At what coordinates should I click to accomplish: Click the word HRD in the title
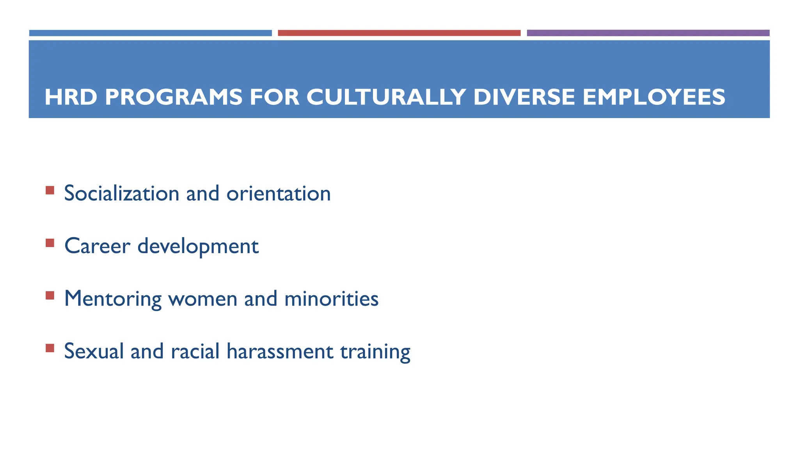click(71, 97)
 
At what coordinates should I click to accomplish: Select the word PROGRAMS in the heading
click(174, 97)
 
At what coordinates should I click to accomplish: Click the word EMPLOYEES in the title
click(654, 97)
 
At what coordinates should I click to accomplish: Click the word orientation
click(279, 193)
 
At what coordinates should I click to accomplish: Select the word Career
click(97, 246)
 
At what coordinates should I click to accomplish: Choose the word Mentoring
click(113, 299)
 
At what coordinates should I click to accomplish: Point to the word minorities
click(331, 299)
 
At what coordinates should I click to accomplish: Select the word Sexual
click(94, 351)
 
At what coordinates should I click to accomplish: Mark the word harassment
click(280, 351)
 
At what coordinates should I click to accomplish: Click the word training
click(375, 352)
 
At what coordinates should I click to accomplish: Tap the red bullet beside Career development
click(50, 243)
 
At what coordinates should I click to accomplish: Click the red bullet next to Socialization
click(50, 190)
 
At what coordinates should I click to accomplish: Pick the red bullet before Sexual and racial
click(50, 348)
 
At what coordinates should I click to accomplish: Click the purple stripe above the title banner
click(648, 33)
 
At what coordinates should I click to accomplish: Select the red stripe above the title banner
click(399, 33)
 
